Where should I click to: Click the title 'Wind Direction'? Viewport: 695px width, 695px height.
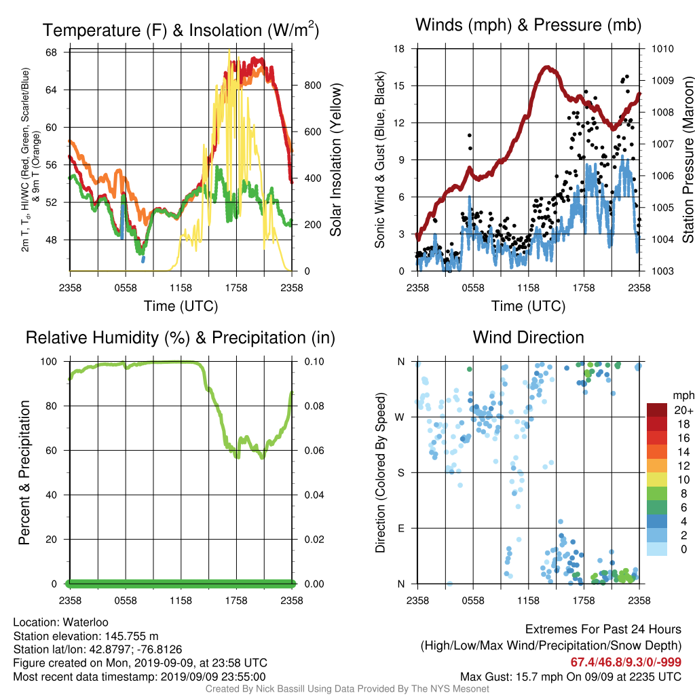coord(528,337)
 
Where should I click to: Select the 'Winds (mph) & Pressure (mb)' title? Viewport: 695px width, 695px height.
coord(528,25)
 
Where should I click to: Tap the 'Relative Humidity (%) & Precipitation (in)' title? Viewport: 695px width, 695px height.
coord(181,338)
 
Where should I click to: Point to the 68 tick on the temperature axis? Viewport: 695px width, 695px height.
coord(52,52)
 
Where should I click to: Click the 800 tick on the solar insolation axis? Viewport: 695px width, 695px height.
coord(312,85)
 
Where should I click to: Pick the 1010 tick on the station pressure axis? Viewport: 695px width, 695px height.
coord(662,49)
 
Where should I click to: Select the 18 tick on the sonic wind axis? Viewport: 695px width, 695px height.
coord(399,49)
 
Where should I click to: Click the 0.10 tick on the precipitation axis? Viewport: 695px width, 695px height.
coord(314,362)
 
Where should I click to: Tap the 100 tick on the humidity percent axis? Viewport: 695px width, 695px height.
coord(49,362)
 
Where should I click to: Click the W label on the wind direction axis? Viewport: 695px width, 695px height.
coord(400,417)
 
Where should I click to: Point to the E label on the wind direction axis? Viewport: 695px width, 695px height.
coord(401,528)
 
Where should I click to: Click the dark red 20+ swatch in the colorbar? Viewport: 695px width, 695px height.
coord(657,410)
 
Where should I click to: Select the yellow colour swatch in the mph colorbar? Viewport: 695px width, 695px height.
coord(657,479)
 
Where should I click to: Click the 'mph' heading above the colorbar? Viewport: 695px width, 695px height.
coord(683,396)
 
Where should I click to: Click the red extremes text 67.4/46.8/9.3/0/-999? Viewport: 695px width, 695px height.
coord(625,662)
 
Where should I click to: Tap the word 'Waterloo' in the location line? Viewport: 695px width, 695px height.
coord(86,622)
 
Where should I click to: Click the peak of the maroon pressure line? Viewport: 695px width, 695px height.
coord(548,68)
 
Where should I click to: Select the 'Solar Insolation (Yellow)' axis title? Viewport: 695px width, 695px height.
coord(336,159)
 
